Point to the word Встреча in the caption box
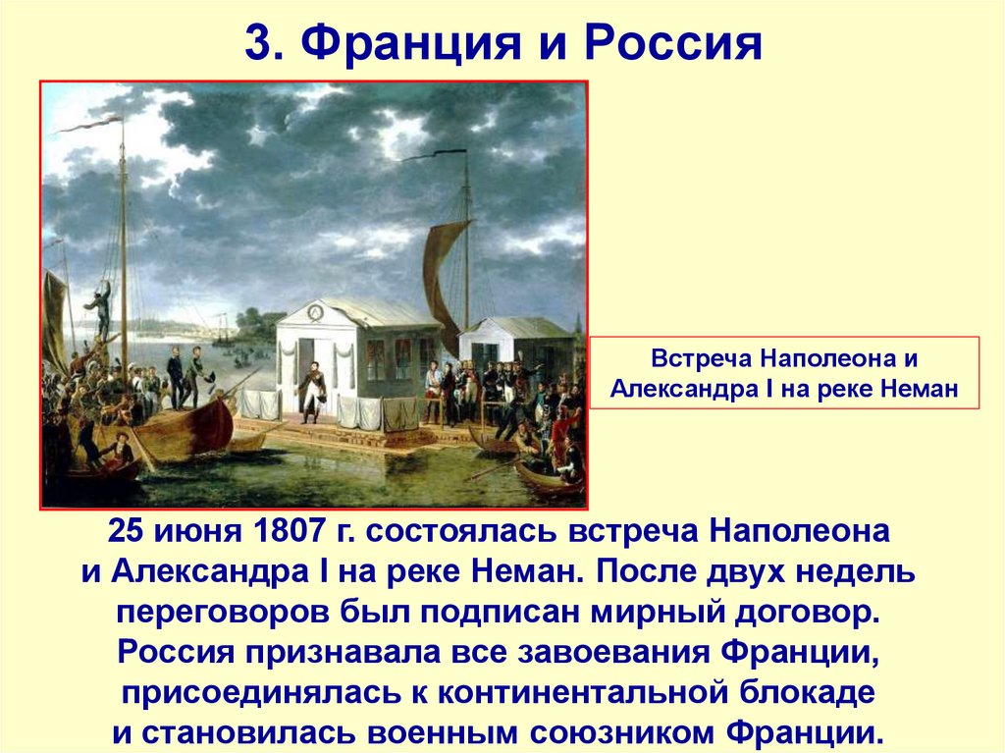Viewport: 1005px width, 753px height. pyautogui.click(x=694, y=358)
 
